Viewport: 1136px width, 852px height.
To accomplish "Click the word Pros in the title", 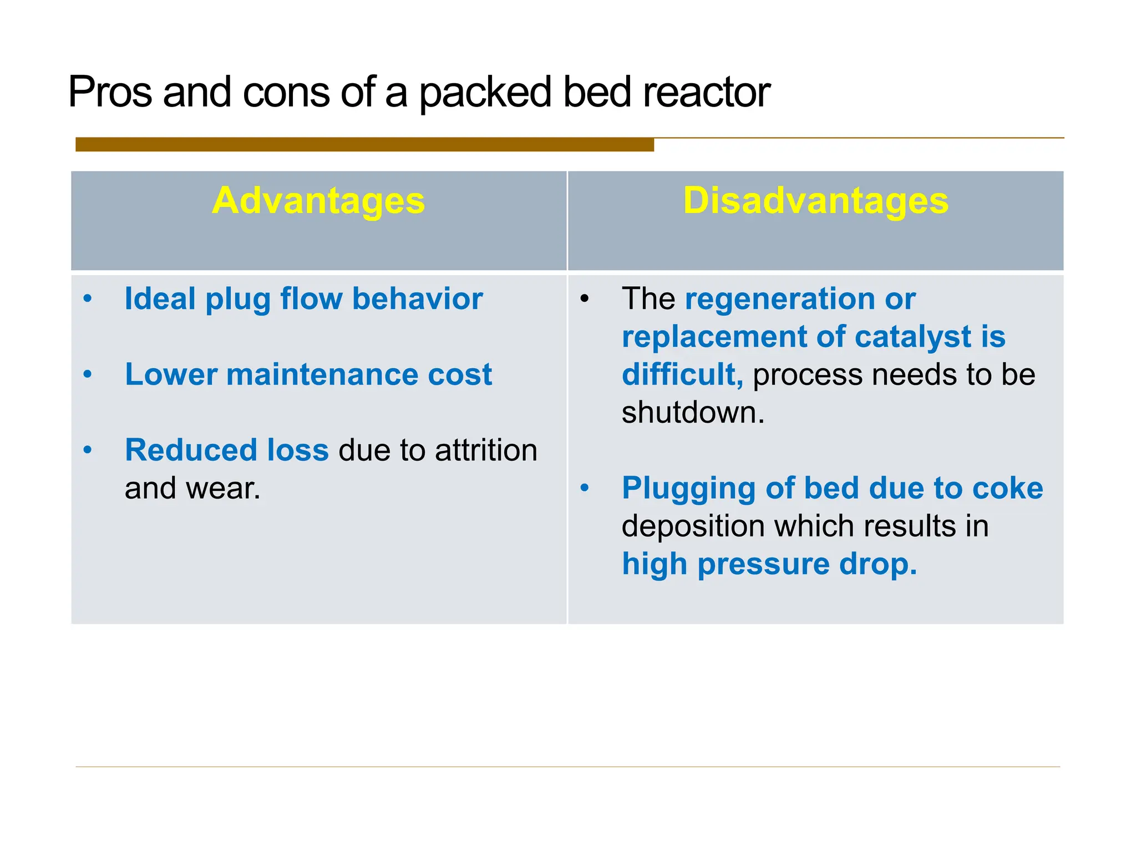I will (110, 92).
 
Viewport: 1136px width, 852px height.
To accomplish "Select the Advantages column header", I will (318, 201).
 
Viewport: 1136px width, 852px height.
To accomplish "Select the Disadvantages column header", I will (815, 201).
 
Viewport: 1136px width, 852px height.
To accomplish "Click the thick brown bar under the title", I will (364, 145).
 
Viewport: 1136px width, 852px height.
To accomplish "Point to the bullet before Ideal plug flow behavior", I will (88, 299).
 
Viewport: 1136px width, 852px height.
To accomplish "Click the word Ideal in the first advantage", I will (160, 299).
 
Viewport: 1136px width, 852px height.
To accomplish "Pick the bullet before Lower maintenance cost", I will (88, 375).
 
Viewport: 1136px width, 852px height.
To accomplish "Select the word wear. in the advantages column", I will (223, 489).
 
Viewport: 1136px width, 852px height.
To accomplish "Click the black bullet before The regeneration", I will (584, 299).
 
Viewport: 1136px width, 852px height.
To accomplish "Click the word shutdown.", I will (693, 413).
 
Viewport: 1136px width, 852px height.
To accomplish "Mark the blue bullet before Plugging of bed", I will (584, 489).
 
